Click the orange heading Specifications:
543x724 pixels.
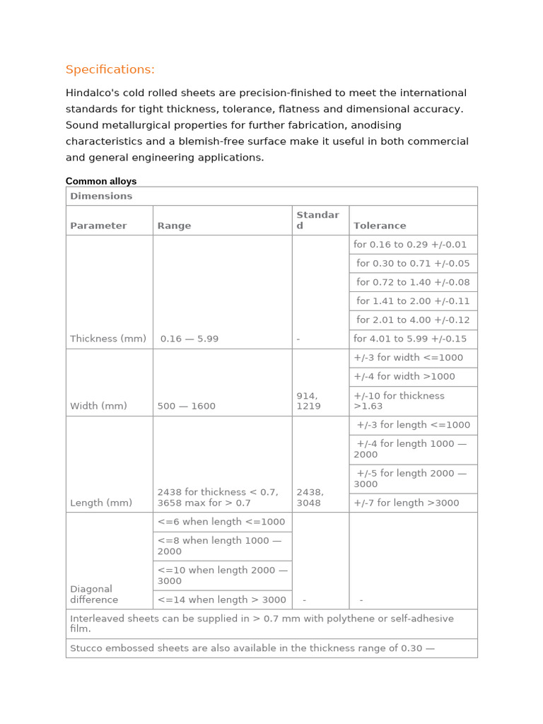point(110,69)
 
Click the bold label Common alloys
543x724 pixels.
point(101,182)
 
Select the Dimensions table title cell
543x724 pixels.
point(101,196)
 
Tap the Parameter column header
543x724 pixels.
point(98,226)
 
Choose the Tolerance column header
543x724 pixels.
point(380,226)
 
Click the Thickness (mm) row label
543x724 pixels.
point(108,339)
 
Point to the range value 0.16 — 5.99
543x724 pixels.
point(189,339)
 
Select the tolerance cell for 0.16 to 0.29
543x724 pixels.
point(410,245)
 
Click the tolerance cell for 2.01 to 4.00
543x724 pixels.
point(413,320)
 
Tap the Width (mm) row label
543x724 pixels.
point(98,406)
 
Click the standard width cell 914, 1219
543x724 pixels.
point(309,401)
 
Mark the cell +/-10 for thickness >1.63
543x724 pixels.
point(399,401)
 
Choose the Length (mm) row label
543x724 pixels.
point(101,503)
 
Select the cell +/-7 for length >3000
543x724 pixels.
point(407,503)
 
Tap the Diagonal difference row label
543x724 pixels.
point(94,594)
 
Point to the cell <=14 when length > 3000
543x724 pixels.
point(222,600)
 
